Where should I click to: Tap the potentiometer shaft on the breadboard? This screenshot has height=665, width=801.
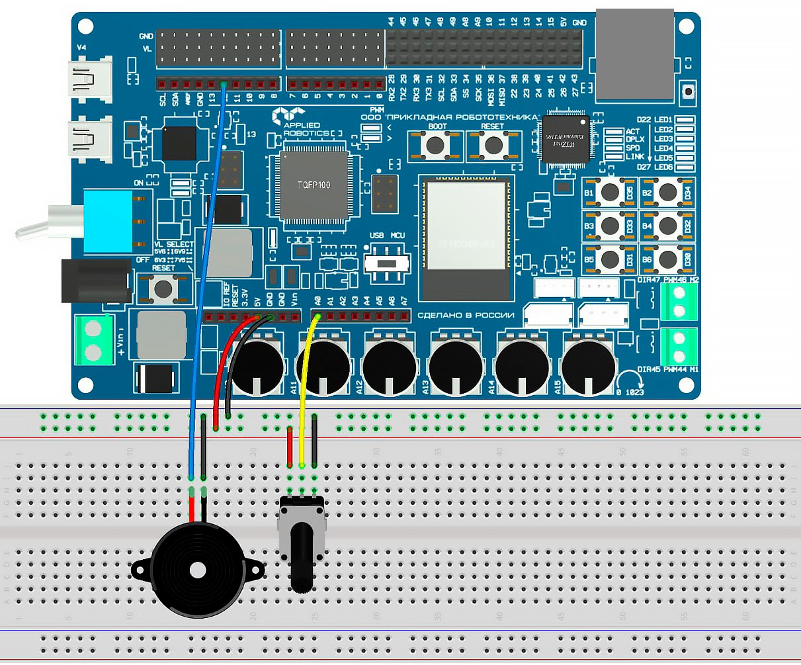[x=302, y=556]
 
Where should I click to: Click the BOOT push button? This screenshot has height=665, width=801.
[x=435, y=145]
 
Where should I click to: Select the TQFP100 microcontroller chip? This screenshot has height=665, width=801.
[x=314, y=185]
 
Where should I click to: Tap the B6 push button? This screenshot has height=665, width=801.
[x=667, y=259]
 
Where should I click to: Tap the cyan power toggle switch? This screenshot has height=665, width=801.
[x=109, y=220]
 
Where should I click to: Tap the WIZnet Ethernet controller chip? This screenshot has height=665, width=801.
[x=566, y=139]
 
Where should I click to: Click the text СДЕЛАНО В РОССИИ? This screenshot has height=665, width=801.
[x=466, y=316]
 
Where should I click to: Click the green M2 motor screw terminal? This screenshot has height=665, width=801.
[x=679, y=302]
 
